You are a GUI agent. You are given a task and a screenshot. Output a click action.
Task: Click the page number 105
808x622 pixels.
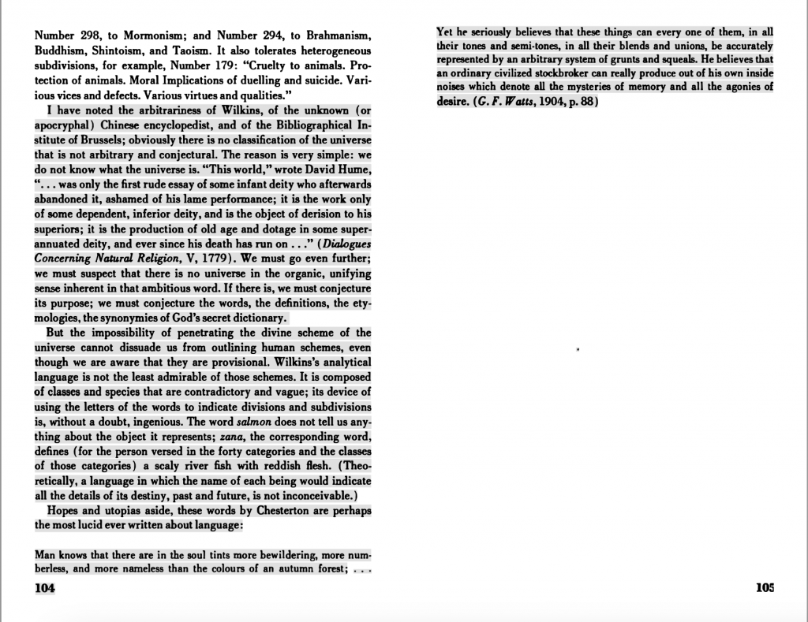765,587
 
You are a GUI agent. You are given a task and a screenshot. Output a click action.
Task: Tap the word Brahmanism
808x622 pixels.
331,35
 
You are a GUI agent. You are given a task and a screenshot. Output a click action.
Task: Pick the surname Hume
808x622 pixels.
353,169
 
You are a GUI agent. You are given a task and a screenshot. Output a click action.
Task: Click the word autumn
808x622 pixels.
302,568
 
